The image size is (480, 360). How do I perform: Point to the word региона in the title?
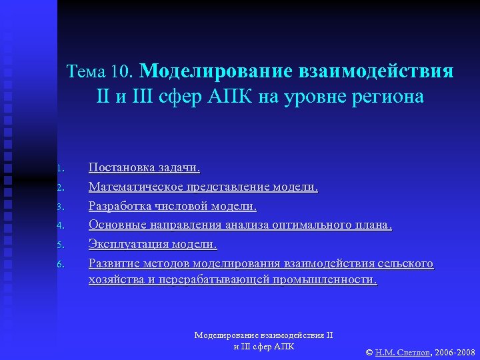[x=387, y=97]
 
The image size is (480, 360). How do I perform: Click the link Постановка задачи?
[x=144, y=168]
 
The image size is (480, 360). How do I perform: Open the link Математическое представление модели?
[x=203, y=187]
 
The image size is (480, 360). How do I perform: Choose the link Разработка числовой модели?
[x=172, y=207]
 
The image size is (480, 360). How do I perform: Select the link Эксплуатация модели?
[x=153, y=245]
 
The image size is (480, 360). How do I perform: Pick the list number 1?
[x=59, y=168]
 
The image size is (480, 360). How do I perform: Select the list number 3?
[x=59, y=207]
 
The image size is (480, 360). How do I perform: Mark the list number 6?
[x=59, y=265]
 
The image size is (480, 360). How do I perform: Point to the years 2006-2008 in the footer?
[x=455, y=351]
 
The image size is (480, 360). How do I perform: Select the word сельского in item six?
[x=408, y=264]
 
